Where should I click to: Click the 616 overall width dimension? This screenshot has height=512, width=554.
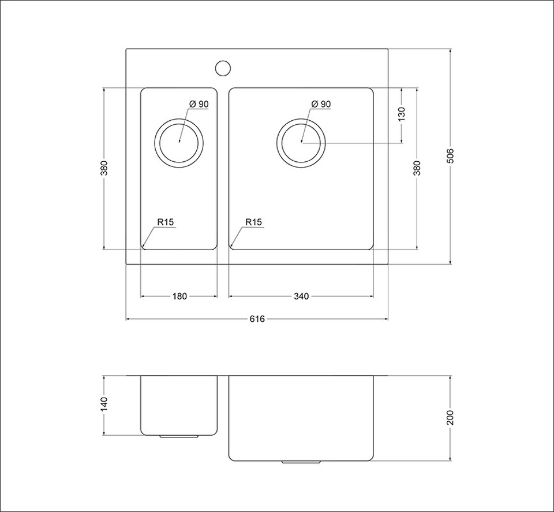(257, 319)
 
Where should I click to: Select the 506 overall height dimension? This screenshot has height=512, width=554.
(450, 156)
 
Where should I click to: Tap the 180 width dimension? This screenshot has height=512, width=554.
(179, 296)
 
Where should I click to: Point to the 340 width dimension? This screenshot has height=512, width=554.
(301, 296)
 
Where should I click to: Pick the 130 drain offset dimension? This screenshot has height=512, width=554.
(402, 114)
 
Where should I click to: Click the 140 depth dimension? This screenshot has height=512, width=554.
(104, 405)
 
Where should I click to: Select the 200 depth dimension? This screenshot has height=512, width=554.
(450, 418)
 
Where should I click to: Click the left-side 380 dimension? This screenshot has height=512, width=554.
(104, 168)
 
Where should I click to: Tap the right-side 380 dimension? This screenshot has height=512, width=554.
(417, 168)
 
